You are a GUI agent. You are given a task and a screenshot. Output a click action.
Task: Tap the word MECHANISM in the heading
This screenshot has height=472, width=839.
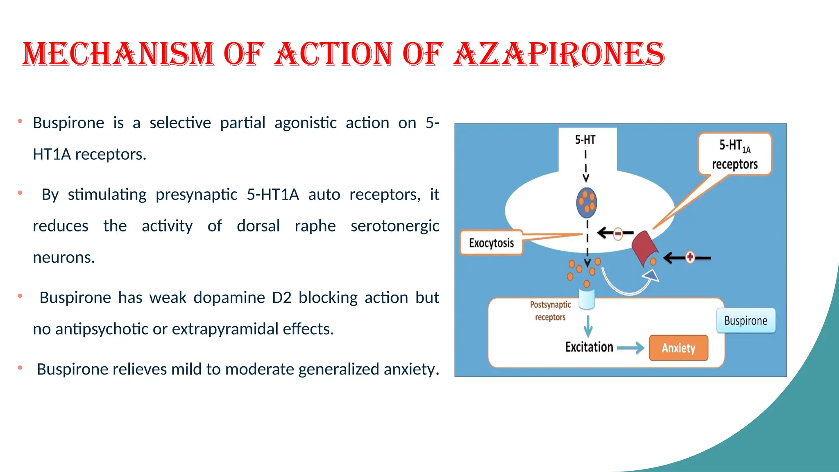[x=118, y=54]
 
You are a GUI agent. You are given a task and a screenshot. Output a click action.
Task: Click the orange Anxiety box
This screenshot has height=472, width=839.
[x=678, y=348]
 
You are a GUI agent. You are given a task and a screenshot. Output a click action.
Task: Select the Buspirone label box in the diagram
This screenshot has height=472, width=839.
[x=746, y=320]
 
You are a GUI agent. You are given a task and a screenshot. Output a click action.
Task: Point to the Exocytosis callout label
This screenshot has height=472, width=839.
[x=491, y=243]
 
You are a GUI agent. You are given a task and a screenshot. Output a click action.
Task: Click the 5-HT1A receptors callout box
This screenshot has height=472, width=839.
[x=735, y=154]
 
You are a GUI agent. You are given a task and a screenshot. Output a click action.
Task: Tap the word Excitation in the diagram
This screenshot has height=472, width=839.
[x=589, y=347]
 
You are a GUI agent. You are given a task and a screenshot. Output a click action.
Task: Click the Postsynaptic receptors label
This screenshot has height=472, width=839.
[x=550, y=311]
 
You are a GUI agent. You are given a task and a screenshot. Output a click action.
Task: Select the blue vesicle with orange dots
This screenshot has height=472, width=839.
[x=586, y=203]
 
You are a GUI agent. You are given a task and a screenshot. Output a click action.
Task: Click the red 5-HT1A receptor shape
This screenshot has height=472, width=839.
[x=644, y=248]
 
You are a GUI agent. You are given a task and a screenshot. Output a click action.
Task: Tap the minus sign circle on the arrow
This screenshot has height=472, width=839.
[x=618, y=234]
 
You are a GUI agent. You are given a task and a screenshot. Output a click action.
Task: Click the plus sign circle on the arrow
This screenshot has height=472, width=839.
[x=690, y=257]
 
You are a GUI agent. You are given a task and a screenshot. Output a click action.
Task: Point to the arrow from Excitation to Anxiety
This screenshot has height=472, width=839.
[x=630, y=348]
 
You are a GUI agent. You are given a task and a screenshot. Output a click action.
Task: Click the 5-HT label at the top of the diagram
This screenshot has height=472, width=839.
[x=585, y=140]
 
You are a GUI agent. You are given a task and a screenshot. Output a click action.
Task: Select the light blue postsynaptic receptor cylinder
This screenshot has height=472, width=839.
[x=587, y=299]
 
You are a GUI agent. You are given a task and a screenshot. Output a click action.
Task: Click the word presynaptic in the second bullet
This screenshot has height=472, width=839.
[x=196, y=195]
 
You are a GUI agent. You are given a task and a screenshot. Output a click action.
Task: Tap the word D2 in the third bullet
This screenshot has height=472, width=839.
[x=281, y=298]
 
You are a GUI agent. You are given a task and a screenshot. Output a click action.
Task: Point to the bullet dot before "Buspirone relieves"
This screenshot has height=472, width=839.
[x=20, y=368]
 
